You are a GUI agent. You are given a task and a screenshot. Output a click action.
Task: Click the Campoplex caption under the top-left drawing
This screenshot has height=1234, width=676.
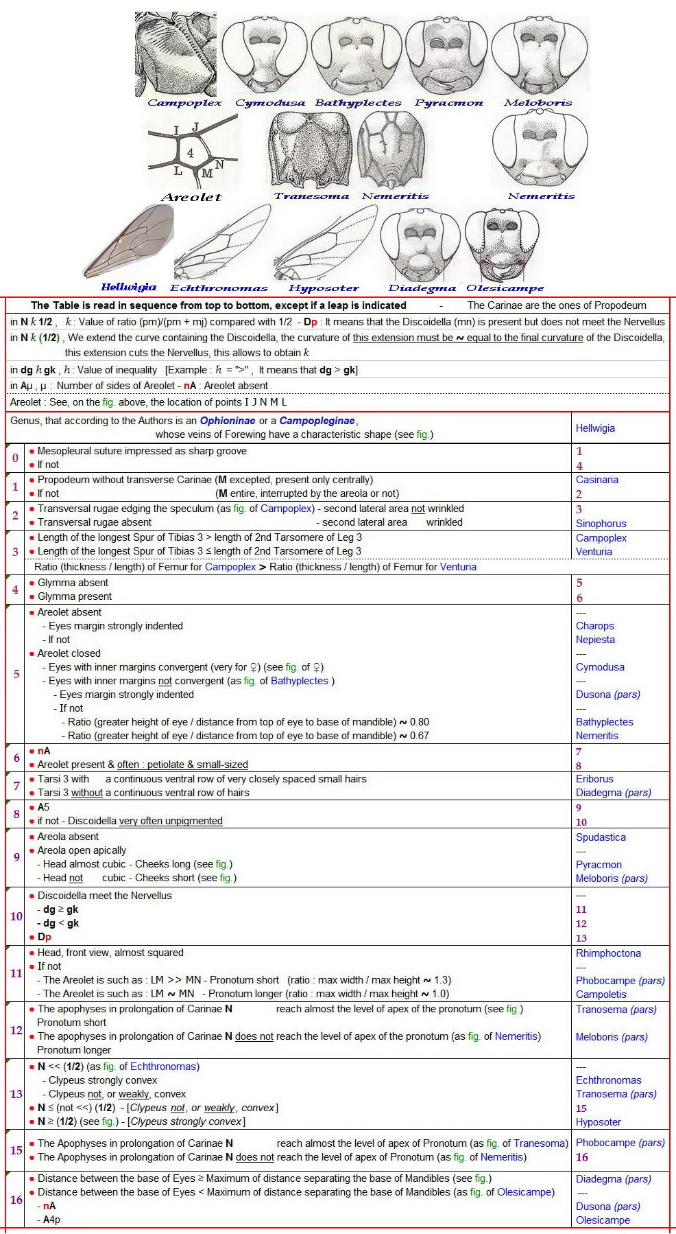(x=184, y=103)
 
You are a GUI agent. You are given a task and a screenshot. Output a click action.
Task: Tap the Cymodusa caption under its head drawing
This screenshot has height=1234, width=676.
(x=270, y=103)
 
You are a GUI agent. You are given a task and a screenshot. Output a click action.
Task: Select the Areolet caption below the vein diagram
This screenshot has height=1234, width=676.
(x=191, y=198)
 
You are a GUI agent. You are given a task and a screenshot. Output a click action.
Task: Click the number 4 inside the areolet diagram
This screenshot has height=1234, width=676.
(x=190, y=153)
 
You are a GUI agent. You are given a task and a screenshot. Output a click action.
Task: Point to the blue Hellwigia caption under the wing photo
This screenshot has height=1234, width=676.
(x=128, y=287)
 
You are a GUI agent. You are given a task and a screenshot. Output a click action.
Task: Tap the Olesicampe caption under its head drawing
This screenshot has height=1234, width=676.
(x=505, y=288)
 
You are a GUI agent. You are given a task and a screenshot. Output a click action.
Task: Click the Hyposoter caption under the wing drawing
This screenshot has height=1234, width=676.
(x=324, y=288)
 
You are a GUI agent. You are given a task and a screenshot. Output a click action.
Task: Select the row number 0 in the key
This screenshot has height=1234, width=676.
(x=16, y=458)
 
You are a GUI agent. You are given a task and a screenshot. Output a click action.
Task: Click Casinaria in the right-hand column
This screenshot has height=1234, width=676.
(x=596, y=480)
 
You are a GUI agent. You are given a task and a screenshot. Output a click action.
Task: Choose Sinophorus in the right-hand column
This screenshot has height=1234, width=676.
(x=601, y=524)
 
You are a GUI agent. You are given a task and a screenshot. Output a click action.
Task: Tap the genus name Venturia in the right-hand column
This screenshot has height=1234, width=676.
(x=594, y=552)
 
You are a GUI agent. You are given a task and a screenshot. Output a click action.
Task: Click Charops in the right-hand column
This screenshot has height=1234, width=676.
(x=594, y=626)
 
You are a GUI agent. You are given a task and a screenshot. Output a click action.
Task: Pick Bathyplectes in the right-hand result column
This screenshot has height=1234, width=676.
(x=604, y=722)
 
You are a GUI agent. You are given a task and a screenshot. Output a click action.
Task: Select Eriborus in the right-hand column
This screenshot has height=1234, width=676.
(x=594, y=779)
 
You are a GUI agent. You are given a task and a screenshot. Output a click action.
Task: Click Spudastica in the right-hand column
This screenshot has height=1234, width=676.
(x=601, y=837)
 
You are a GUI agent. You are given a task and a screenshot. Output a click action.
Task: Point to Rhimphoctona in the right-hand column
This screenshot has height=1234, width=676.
(x=608, y=953)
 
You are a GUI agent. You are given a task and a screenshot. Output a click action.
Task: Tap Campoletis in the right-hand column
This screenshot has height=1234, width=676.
(x=601, y=994)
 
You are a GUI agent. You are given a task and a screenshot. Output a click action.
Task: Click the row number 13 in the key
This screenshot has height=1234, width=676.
(x=16, y=1094)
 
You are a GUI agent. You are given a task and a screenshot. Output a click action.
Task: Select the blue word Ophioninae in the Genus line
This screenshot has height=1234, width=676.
(x=227, y=421)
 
